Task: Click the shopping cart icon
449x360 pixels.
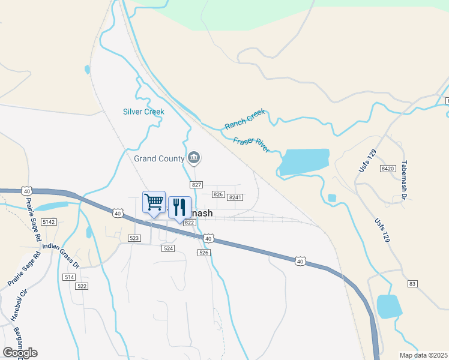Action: point(154,202)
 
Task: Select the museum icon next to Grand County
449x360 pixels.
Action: point(194,158)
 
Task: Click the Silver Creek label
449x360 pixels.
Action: point(143,112)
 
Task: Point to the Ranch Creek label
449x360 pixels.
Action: point(244,119)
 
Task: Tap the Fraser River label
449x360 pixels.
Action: point(252,145)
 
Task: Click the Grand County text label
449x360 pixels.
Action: point(159,159)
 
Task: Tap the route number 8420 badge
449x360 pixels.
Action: point(388,169)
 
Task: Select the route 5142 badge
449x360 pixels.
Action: point(49,222)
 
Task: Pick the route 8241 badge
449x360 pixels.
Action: point(235,197)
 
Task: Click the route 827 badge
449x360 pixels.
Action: point(196,185)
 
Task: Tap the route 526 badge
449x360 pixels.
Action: point(204,253)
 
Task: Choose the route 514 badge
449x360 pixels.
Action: point(69,277)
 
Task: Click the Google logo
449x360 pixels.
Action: point(20,353)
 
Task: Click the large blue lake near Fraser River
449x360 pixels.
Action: point(305,161)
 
